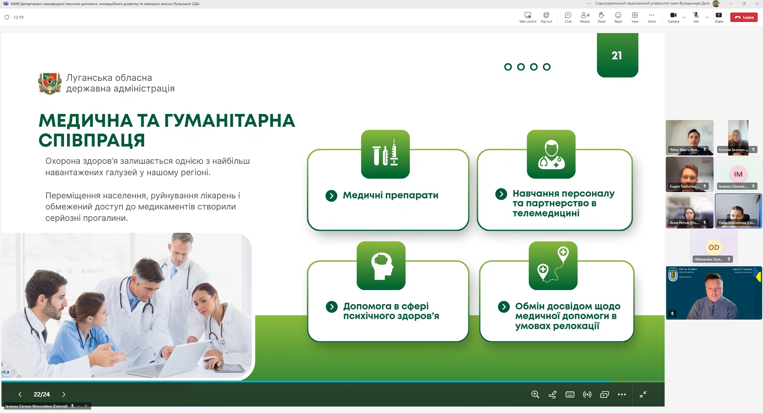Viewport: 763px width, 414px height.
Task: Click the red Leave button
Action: (x=744, y=17)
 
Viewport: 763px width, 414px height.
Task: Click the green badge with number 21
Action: (x=617, y=55)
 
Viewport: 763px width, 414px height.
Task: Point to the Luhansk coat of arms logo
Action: (x=50, y=83)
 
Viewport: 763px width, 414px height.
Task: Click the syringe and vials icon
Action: (x=385, y=154)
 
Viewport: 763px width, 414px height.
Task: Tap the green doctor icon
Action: (x=551, y=154)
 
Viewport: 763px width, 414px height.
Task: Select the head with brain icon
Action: (x=381, y=265)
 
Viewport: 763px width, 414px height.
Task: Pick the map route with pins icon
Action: (x=553, y=265)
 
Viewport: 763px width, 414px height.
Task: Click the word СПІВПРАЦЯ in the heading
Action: (x=92, y=140)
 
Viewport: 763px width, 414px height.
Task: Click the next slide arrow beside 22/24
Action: (x=64, y=394)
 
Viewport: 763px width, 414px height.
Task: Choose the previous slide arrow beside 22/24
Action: (x=20, y=394)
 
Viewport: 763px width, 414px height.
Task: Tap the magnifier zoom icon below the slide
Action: (x=535, y=394)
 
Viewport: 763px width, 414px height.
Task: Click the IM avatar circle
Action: (x=738, y=174)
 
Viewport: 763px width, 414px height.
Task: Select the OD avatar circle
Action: (x=713, y=247)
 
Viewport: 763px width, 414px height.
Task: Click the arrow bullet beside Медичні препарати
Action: (x=331, y=196)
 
